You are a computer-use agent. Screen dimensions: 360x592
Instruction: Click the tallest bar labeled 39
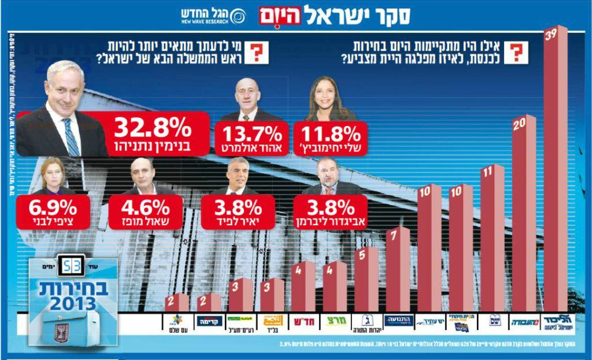click(x=555, y=173)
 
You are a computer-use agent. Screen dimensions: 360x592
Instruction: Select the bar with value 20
click(x=524, y=220)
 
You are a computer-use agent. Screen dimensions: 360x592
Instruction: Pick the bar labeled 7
click(x=398, y=272)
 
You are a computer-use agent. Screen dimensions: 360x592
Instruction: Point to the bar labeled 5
click(x=367, y=280)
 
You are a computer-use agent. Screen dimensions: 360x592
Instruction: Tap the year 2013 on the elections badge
click(x=74, y=303)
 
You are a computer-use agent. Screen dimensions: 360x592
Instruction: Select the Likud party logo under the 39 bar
click(x=555, y=322)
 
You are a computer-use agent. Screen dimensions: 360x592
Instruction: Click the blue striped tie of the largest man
click(x=72, y=136)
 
